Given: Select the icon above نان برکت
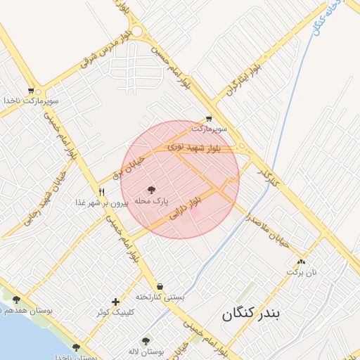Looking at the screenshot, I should (x=302, y=261).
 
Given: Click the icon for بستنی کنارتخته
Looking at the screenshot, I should (x=160, y=286).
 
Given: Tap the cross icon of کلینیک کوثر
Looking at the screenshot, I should (x=115, y=302).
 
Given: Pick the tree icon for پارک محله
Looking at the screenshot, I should (x=151, y=189).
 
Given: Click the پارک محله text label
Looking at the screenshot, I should (x=152, y=200).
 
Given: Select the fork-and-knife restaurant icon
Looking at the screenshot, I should (x=102, y=192).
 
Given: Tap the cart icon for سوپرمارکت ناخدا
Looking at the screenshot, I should (x=31, y=91).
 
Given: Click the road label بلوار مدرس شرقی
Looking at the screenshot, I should (x=105, y=48).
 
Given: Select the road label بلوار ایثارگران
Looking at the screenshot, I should (x=244, y=79).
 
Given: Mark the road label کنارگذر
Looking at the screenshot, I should (x=268, y=176).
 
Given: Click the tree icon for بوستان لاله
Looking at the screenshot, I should (x=146, y=340).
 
